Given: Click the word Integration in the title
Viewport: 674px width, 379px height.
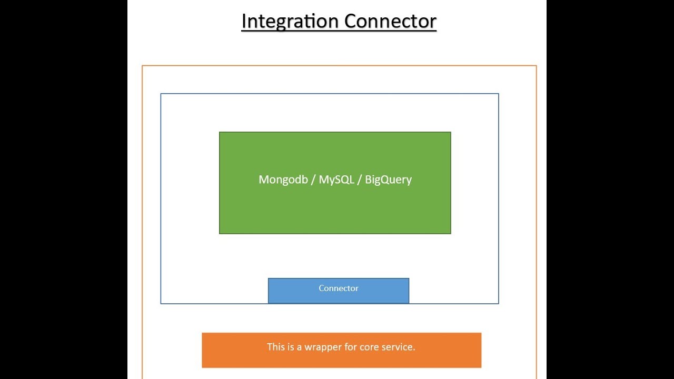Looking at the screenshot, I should point(290,22).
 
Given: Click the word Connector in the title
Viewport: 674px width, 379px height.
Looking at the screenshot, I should point(390,22).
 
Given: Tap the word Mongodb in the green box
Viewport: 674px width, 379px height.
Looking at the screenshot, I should point(283,180).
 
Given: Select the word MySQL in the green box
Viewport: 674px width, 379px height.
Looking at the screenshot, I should point(336,180).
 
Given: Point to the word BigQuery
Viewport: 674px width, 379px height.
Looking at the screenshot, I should point(388,180).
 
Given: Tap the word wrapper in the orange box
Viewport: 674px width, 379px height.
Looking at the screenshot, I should point(322,347).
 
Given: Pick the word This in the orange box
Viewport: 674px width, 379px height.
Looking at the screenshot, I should point(275,347).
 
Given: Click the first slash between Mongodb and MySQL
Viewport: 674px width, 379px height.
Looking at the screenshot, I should point(313,180).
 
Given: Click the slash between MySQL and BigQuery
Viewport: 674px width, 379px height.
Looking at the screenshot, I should point(360,180).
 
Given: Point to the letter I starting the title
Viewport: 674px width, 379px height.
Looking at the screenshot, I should point(244,22).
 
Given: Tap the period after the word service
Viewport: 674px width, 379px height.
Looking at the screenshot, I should point(414,350).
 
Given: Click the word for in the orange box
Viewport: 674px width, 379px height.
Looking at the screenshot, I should point(350,347).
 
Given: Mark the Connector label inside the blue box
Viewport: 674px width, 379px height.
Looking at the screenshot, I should point(338,288).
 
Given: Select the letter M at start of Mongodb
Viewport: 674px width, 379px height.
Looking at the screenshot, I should point(263,180).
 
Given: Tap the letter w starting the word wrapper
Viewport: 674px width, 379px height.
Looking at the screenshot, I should point(308,348).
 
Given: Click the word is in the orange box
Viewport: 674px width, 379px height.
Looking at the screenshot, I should point(291,347).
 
